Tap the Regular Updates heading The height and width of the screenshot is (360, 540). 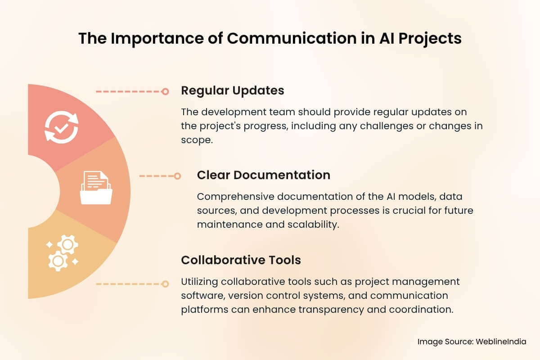click(x=232, y=90)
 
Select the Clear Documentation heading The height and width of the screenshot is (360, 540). click(x=263, y=175)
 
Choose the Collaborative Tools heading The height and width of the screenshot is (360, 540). click(x=241, y=260)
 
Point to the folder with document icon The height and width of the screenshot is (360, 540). click(x=96, y=188)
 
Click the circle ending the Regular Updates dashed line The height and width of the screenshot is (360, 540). click(x=165, y=91)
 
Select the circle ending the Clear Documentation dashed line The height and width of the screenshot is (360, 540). click(x=177, y=176)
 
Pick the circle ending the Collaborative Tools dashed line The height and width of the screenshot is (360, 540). click(x=165, y=284)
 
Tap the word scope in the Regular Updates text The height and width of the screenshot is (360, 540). click(x=196, y=140)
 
